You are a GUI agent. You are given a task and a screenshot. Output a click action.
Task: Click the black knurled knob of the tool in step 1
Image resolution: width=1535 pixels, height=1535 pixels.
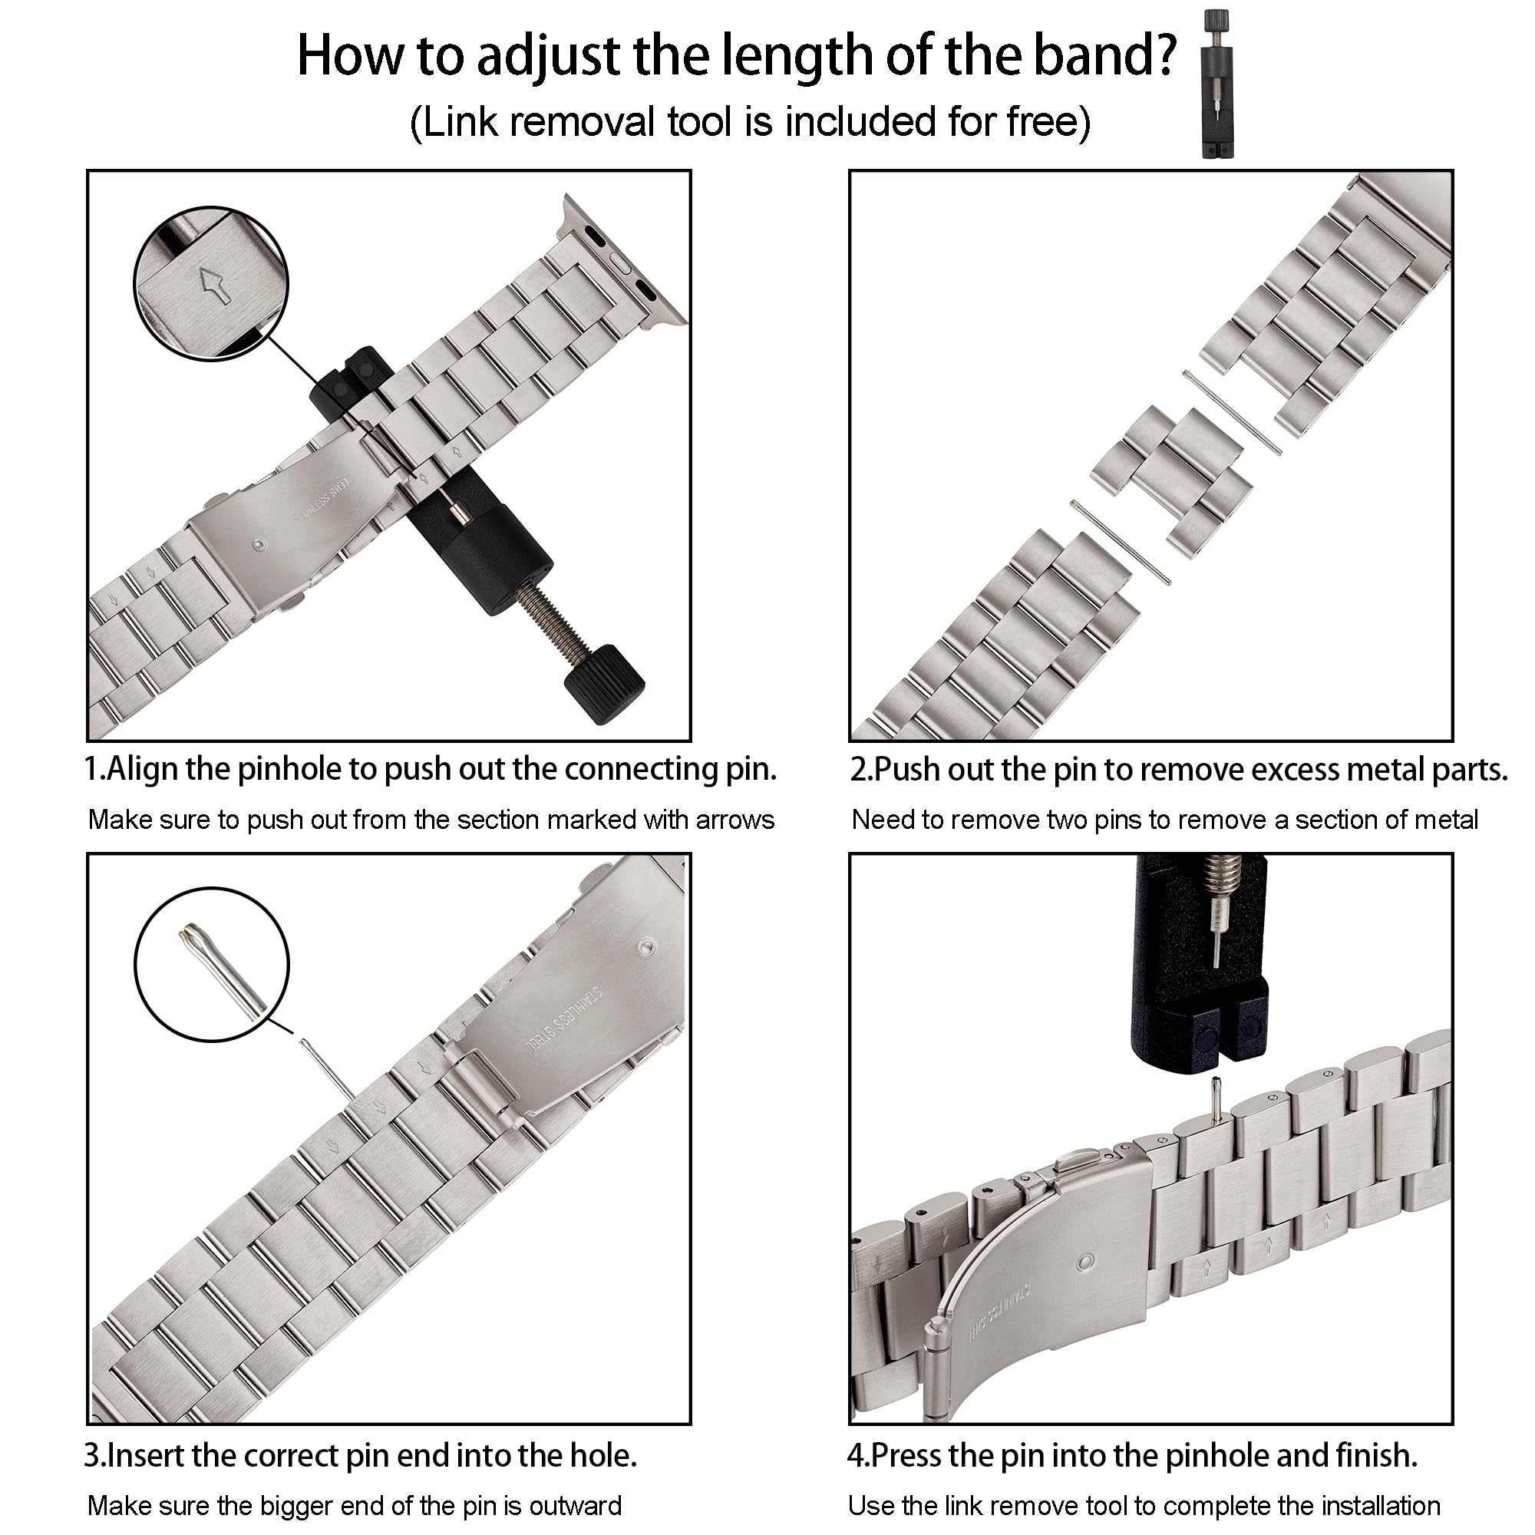604,683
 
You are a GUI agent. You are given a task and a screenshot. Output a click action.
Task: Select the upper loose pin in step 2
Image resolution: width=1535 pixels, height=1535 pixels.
1233,413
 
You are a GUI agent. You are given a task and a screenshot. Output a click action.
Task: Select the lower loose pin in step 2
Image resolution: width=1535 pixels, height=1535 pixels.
1121,543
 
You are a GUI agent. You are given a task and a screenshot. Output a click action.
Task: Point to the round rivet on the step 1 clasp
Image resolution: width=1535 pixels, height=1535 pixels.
259,546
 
